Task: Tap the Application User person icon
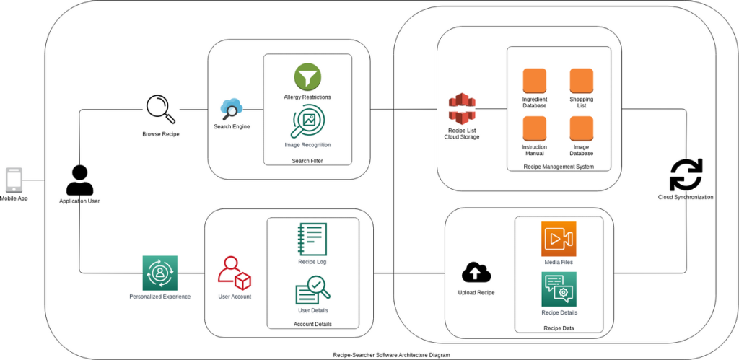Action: [x=79, y=180]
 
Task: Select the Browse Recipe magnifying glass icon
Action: [x=160, y=110]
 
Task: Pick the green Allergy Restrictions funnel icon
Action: [x=307, y=77]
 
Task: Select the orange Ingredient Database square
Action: [x=534, y=81]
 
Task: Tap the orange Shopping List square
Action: [x=581, y=81]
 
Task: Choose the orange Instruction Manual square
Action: [x=534, y=128]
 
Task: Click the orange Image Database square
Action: [x=581, y=128]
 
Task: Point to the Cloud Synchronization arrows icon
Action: [x=686, y=175]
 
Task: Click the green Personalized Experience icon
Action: [x=159, y=273]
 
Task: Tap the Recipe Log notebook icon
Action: [x=312, y=239]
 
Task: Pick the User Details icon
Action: [x=312, y=291]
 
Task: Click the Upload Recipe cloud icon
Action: [x=476, y=273]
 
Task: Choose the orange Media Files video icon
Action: [x=559, y=239]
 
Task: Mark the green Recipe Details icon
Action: [x=559, y=289]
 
